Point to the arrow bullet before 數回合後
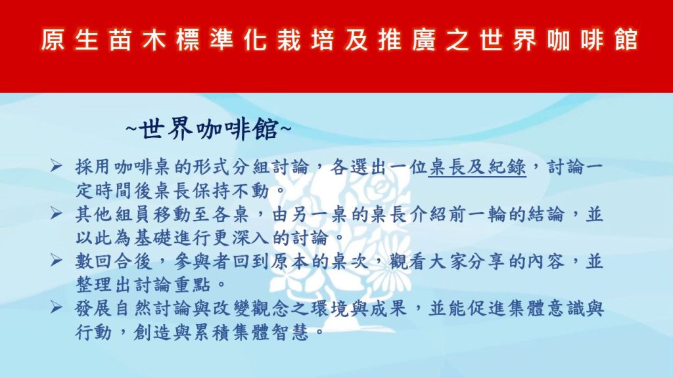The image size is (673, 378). point(56,259)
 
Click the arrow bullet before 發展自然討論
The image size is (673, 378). point(56,306)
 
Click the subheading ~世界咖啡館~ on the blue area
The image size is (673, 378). point(209,128)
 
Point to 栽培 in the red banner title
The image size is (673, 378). point(306,40)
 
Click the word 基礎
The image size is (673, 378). point(154,238)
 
